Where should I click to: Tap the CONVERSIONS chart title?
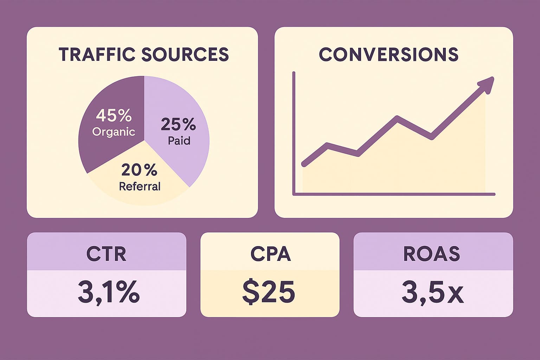point(388,54)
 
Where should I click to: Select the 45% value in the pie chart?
point(114,115)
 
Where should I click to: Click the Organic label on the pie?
point(114,132)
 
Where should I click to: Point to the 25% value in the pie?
point(178,124)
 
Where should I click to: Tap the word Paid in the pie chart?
point(179,141)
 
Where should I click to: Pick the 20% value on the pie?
point(139,171)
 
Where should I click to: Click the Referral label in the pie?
point(140,186)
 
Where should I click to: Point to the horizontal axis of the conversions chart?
point(394,194)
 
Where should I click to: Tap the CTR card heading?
point(106,254)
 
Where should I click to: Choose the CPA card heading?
point(270,253)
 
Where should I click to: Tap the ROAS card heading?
point(431,254)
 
